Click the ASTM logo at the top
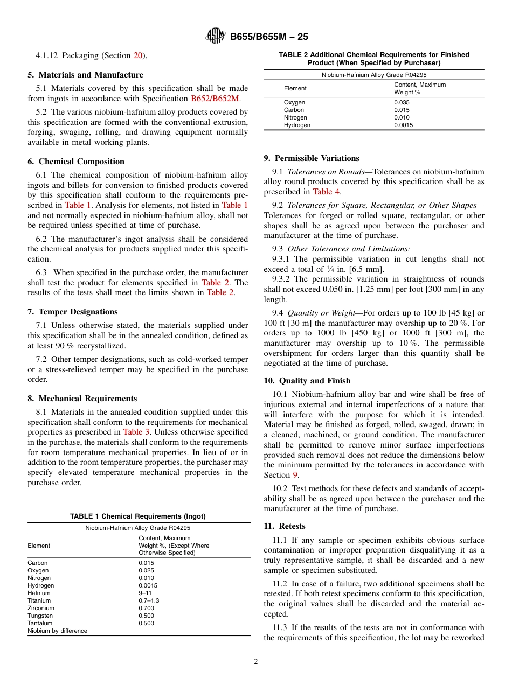coord(216,37)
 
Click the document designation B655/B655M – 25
coord(269,37)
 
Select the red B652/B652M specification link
coord(215,99)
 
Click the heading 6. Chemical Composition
coord(76,162)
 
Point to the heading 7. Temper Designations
coord(73,312)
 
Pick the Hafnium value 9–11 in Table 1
coord(145,593)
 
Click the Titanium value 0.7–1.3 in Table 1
coord(149,600)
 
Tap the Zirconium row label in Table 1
coord(41,608)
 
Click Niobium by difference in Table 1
coord(57,631)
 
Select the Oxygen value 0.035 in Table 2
coord(402,102)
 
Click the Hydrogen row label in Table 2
coord(297,125)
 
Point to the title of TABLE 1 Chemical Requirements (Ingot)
coord(138,516)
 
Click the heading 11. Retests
coord(285,526)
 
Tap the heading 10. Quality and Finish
coord(307,381)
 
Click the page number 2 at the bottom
coord(256,662)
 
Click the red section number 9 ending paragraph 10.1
coord(295,475)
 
